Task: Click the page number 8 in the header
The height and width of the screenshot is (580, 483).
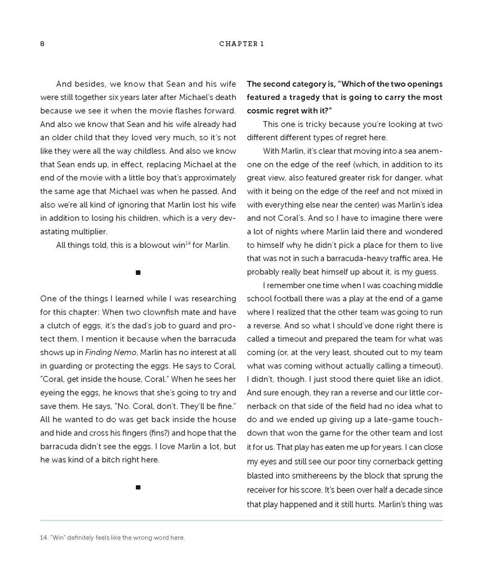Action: pos(43,44)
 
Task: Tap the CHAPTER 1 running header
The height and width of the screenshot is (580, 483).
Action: pos(241,44)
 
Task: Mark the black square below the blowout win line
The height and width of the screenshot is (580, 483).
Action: pos(138,273)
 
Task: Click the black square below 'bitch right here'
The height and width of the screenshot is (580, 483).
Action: pos(138,487)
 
